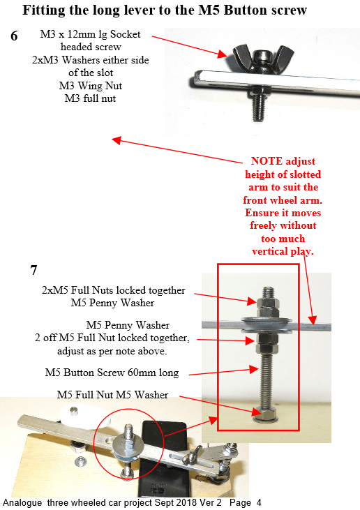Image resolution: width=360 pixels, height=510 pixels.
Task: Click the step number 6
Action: pos(15,36)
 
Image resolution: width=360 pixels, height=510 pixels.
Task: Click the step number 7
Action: pos(33,270)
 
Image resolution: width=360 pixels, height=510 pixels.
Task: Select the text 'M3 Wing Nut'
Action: pos(91,86)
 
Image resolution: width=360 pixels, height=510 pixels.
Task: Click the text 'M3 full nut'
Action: pos(90,98)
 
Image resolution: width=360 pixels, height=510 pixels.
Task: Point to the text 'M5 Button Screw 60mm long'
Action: pos(112,373)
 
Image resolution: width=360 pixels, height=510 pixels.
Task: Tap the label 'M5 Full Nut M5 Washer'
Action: pos(112,394)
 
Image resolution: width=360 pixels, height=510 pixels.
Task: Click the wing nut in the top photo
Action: pos(263,54)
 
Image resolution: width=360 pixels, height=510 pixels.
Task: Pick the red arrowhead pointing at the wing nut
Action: pos(222,54)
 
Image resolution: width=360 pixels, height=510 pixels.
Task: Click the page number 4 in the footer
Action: pos(259,502)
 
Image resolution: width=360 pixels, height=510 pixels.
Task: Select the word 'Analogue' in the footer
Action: pos(22,503)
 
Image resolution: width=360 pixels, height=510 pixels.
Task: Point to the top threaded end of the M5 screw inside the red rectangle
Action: pos(268,292)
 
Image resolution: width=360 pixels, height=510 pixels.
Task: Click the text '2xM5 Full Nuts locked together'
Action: pos(114,290)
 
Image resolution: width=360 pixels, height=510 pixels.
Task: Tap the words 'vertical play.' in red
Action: pos(283,251)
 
